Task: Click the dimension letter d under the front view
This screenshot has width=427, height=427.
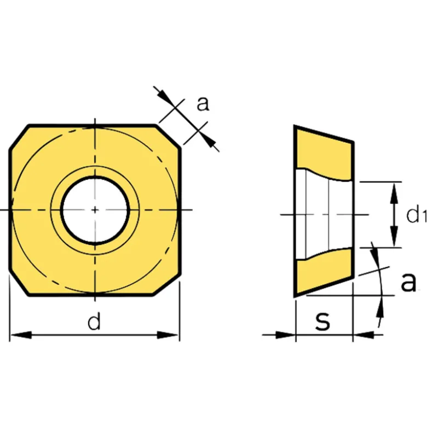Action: point(94,321)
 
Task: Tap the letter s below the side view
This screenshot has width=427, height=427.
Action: point(322,321)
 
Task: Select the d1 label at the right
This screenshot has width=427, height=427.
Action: point(417,214)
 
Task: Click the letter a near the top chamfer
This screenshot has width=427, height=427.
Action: point(203,104)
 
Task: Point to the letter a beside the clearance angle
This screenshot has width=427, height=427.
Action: point(408,282)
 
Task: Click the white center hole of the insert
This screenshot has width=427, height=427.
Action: point(95,210)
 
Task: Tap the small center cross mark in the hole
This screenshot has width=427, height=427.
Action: point(95,210)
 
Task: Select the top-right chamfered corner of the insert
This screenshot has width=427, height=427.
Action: point(168,137)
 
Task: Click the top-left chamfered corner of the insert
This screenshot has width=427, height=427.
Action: point(20,138)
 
